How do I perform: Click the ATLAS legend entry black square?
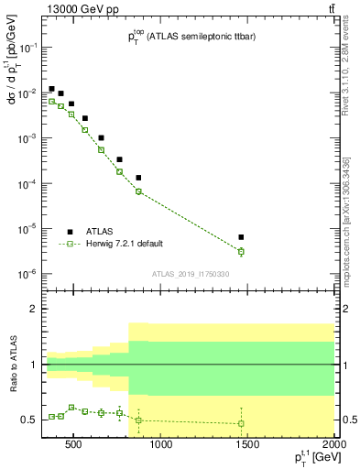tap(70, 232)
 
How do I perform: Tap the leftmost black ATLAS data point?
tap(51, 89)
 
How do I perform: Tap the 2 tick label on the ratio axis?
tap(34, 309)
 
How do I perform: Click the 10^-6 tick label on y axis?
tap(27, 274)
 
